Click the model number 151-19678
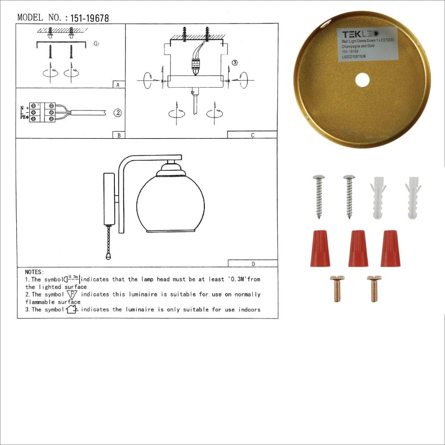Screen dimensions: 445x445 point(87,18)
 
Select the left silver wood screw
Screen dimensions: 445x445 point(319,196)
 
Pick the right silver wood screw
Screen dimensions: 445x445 point(349,196)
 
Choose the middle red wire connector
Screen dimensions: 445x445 point(358,248)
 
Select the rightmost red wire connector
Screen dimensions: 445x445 point(390,248)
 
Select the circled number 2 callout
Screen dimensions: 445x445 point(117,113)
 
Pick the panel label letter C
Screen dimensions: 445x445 point(252,135)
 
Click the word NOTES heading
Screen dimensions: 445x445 point(34,272)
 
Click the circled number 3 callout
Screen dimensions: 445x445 point(235,63)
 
